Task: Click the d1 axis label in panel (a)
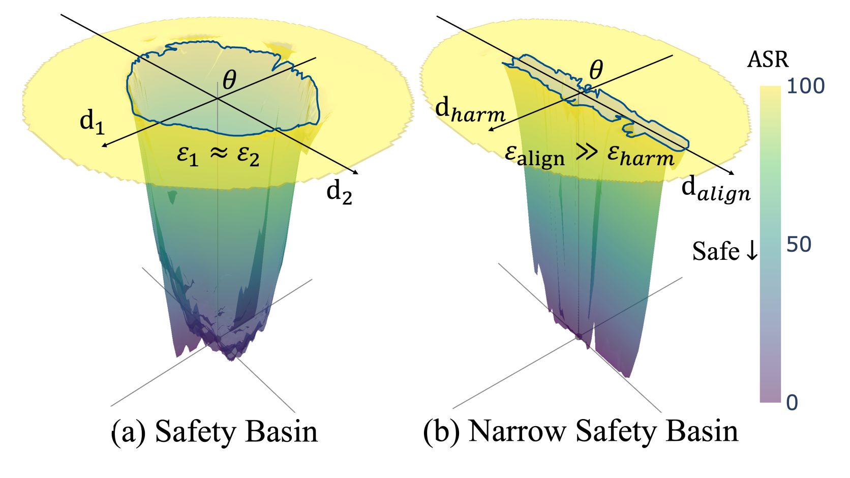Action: [x=92, y=124]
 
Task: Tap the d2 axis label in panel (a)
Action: [x=340, y=194]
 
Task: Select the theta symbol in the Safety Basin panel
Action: [x=229, y=80]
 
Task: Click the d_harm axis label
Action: [x=470, y=110]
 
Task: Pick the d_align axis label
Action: [x=716, y=192]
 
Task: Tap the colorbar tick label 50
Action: [x=799, y=245]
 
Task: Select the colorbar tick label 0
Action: [x=793, y=403]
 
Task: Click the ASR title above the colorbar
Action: [x=768, y=60]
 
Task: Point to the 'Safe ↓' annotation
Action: [x=725, y=251]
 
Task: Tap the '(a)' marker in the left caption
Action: [x=128, y=432]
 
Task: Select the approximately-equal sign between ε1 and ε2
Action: [x=219, y=153]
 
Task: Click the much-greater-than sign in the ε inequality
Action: [x=586, y=153]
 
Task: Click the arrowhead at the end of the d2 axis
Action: [x=355, y=173]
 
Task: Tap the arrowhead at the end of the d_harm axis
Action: [x=491, y=129]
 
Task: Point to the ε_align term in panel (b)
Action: [x=535, y=156]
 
